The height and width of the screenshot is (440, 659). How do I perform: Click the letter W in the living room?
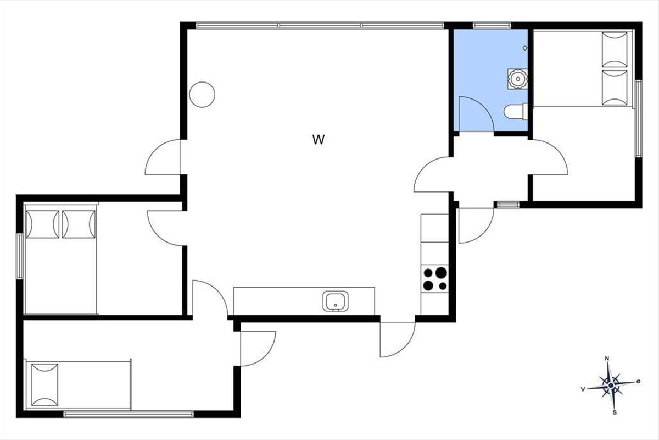click(319, 140)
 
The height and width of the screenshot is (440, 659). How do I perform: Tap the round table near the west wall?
click(202, 95)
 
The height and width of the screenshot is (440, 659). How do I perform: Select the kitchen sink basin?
click(336, 301)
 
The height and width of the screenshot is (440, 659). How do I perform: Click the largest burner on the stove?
click(441, 273)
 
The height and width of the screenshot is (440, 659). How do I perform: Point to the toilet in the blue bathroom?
click(516, 112)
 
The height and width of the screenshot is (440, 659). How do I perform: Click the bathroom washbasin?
click(517, 79)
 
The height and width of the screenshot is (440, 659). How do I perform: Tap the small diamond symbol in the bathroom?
click(525, 48)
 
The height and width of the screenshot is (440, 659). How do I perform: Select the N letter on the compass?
click(607, 359)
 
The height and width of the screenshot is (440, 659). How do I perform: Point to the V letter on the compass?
click(583, 389)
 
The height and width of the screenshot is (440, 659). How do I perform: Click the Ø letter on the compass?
click(638, 381)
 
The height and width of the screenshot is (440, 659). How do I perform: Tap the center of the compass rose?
click(611, 386)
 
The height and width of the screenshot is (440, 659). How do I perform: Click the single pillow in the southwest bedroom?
click(44, 384)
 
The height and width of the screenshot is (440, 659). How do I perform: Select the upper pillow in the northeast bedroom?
click(615, 50)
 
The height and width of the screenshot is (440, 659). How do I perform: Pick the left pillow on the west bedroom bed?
click(42, 224)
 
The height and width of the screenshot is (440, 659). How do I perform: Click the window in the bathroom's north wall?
click(492, 26)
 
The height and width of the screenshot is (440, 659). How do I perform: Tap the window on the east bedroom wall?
click(638, 118)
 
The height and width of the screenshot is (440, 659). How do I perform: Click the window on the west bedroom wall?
click(20, 256)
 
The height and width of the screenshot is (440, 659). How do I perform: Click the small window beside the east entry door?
click(509, 205)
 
